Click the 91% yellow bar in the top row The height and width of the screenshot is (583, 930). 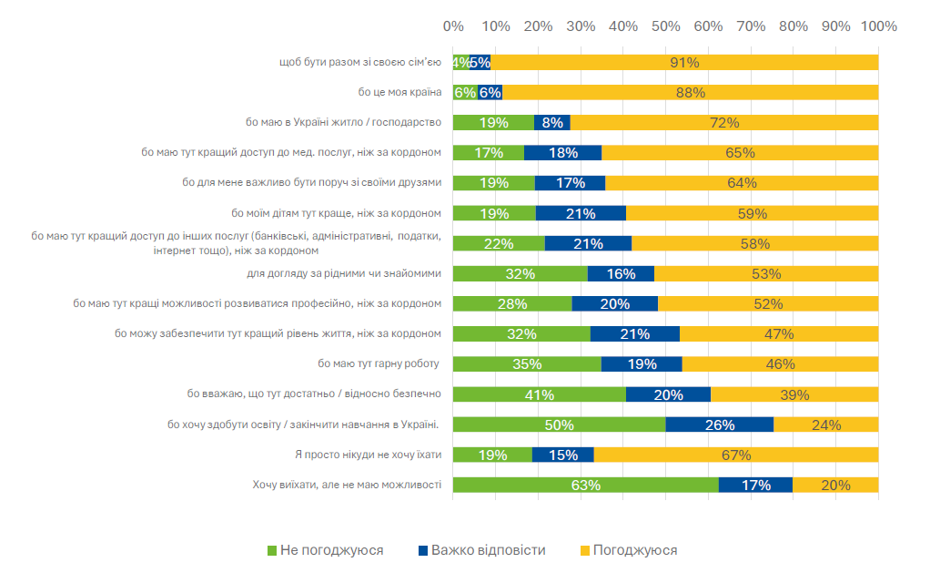click(685, 62)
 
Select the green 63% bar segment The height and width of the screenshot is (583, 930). click(585, 485)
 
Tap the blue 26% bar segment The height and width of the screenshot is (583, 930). click(719, 424)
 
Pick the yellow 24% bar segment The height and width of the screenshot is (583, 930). click(826, 424)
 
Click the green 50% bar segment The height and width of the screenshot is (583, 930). click(559, 424)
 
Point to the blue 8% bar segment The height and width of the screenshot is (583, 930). click(551, 122)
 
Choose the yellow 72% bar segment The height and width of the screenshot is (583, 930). click(724, 122)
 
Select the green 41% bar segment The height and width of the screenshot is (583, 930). click(539, 394)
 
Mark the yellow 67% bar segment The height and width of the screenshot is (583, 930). click(736, 455)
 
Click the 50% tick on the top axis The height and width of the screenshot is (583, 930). click(665, 26)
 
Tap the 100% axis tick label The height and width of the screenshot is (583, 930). click(878, 26)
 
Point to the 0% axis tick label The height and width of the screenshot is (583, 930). click(453, 26)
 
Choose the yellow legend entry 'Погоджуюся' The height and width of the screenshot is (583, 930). click(628, 550)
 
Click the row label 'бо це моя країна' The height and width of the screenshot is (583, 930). click(399, 92)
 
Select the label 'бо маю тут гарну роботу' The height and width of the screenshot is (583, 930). click(379, 363)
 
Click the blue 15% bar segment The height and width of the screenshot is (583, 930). click(562, 455)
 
